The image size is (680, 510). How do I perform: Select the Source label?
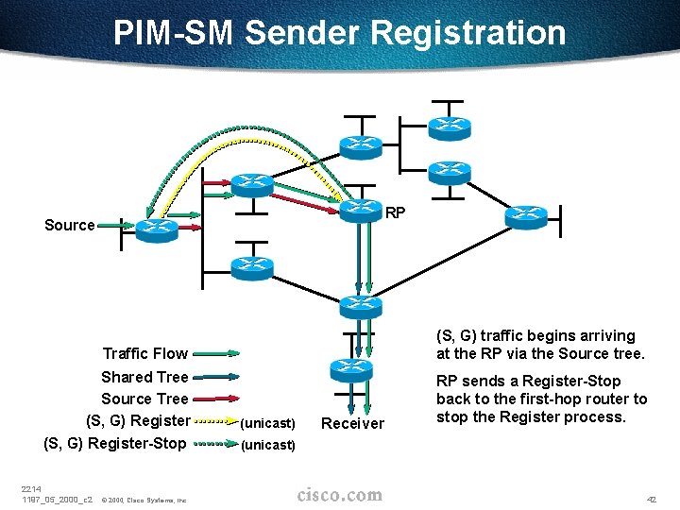pyautogui.click(x=69, y=225)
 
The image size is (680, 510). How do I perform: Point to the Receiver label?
pyautogui.click(x=352, y=424)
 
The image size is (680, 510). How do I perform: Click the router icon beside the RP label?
pyautogui.click(x=358, y=210)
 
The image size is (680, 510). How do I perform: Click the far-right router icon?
pyautogui.click(x=525, y=216)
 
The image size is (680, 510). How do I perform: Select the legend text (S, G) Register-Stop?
pyautogui.click(x=115, y=443)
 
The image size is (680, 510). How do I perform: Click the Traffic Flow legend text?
pyautogui.click(x=144, y=353)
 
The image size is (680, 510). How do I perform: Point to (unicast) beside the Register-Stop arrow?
pyautogui.click(x=268, y=445)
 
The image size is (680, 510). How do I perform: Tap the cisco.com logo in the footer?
pyautogui.click(x=339, y=495)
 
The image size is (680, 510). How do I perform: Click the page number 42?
pyautogui.click(x=649, y=498)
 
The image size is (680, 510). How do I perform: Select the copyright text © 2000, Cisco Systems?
pyautogui.click(x=144, y=500)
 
